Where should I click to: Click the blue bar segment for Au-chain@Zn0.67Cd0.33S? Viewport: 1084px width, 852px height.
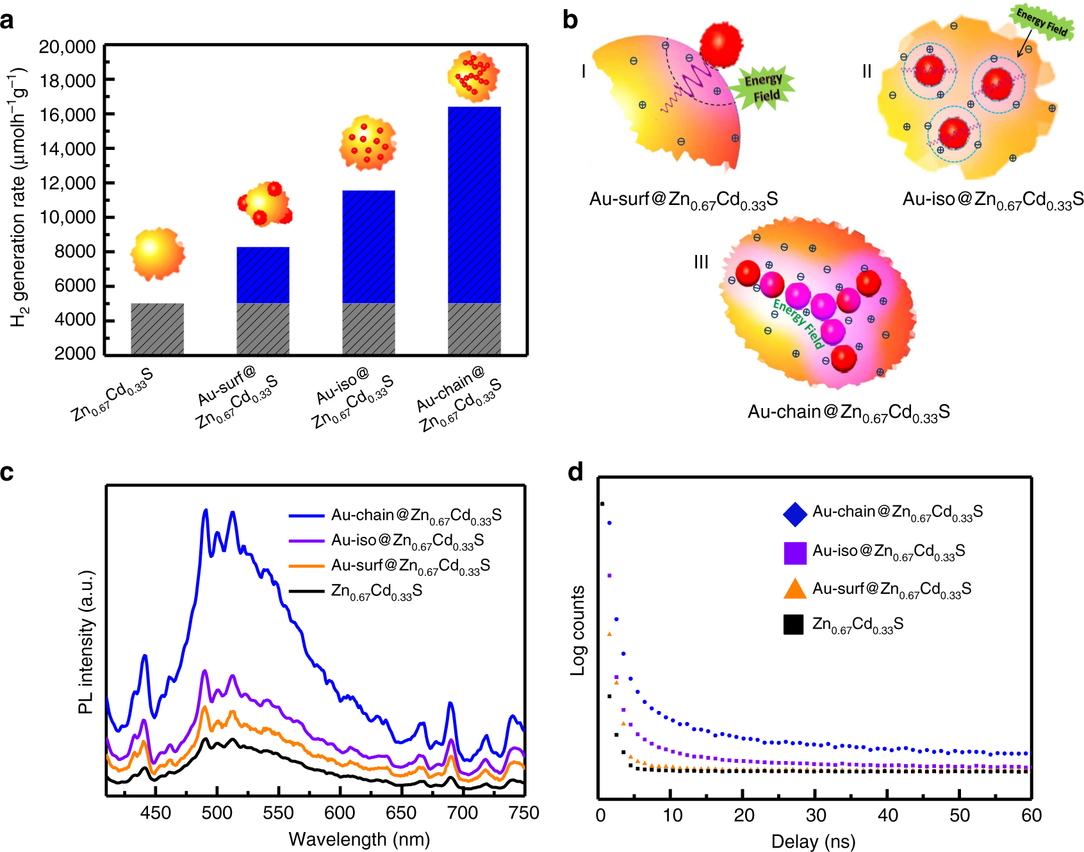[474, 205]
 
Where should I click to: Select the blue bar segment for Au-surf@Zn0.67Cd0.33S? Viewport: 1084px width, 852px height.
[263, 275]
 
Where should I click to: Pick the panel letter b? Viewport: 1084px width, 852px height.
[570, 20]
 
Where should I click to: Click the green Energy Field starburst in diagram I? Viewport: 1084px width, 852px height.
[764, 88]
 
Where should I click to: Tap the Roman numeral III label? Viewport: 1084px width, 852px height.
[701, 262]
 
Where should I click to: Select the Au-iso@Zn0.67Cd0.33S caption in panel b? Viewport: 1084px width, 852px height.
[992, 201]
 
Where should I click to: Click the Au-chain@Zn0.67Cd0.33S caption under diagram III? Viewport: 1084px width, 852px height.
[848, 413]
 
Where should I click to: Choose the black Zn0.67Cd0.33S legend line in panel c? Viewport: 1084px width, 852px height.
[306, 591]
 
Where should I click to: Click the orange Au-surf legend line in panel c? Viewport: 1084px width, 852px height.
[306, 566]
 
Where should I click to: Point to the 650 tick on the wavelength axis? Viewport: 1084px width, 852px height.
[401, 813]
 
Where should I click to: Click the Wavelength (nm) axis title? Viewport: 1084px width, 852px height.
[359, 839]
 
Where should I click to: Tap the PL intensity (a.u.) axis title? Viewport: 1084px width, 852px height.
[86, 641]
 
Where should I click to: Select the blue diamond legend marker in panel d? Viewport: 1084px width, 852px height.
[794, 514]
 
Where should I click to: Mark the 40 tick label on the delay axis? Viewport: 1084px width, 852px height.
[887, 815]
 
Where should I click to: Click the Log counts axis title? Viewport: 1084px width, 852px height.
[578, 630]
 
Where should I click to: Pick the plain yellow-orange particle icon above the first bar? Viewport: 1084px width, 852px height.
[157, 253]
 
